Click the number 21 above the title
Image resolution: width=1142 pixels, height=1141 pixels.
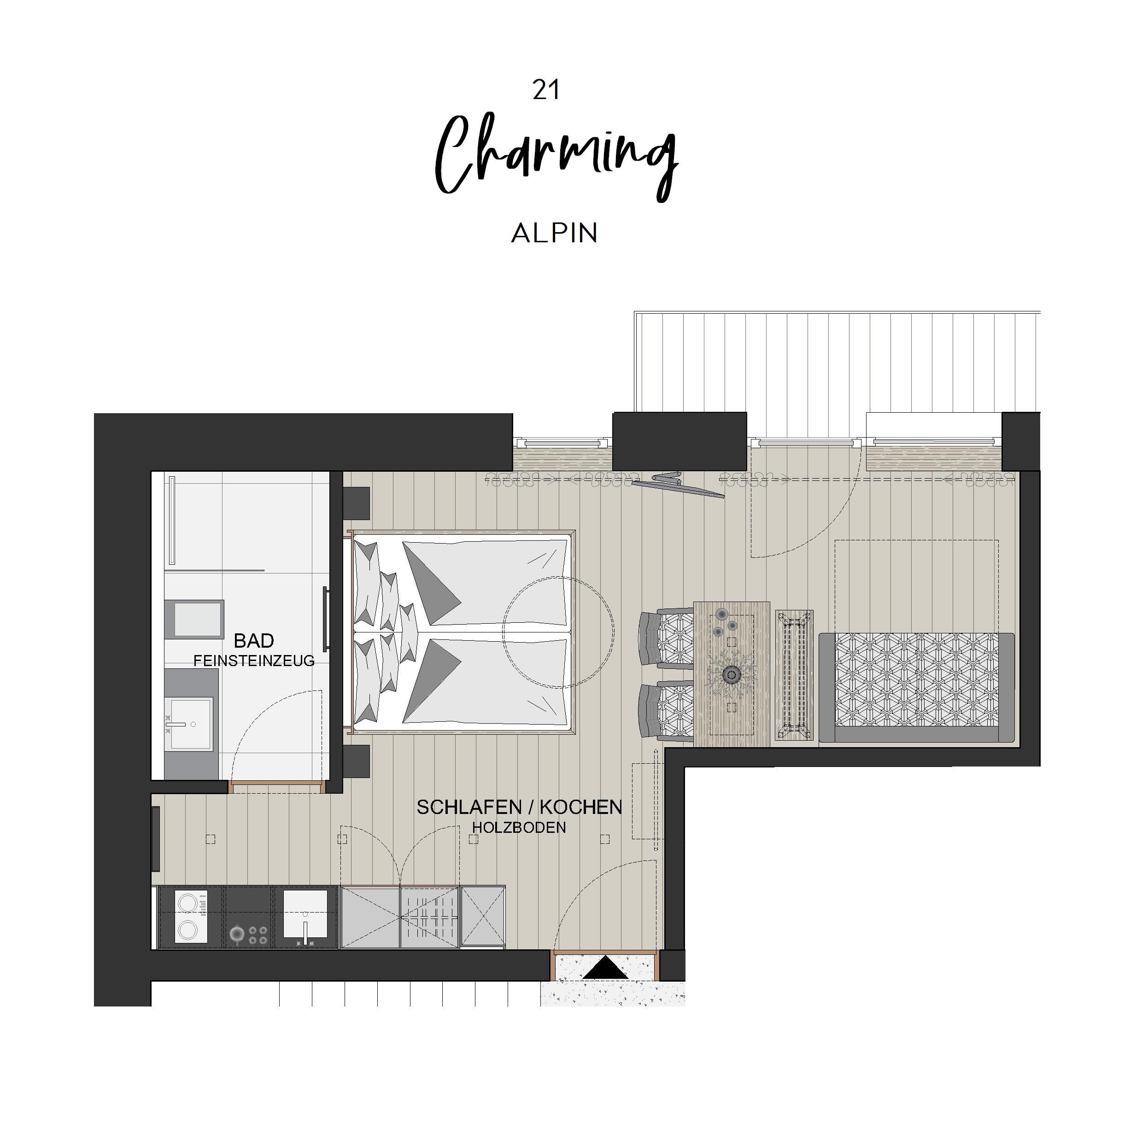pos(545,90)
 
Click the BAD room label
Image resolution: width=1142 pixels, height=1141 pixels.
pos(253,640)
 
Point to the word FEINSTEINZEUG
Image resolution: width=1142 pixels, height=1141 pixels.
pos(253,661)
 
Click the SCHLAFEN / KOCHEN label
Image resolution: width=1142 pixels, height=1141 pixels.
pos(519,807)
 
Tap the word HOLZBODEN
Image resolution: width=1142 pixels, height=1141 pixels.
pos(519,828)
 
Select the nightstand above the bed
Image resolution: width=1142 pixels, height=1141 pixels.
pos(357,503)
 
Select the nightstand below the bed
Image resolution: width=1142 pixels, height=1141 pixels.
pos(357,761)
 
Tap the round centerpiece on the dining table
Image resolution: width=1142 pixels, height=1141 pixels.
pos(732,674)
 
